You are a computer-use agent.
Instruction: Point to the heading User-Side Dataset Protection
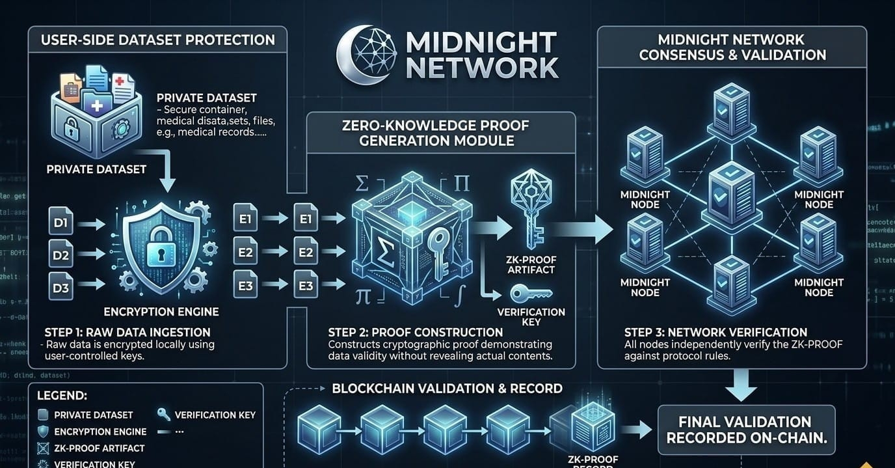[157, 40]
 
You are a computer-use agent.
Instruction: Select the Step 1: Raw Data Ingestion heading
[127, 332]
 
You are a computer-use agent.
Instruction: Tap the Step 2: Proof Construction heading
[416, 332]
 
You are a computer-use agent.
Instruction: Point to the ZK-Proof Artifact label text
[531, 265]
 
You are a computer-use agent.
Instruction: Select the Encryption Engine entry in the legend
[100, 432]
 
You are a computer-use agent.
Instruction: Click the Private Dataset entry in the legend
[94, 415]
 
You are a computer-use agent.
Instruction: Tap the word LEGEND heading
[62, 395]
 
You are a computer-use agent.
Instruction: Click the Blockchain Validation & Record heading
[447, 389]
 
